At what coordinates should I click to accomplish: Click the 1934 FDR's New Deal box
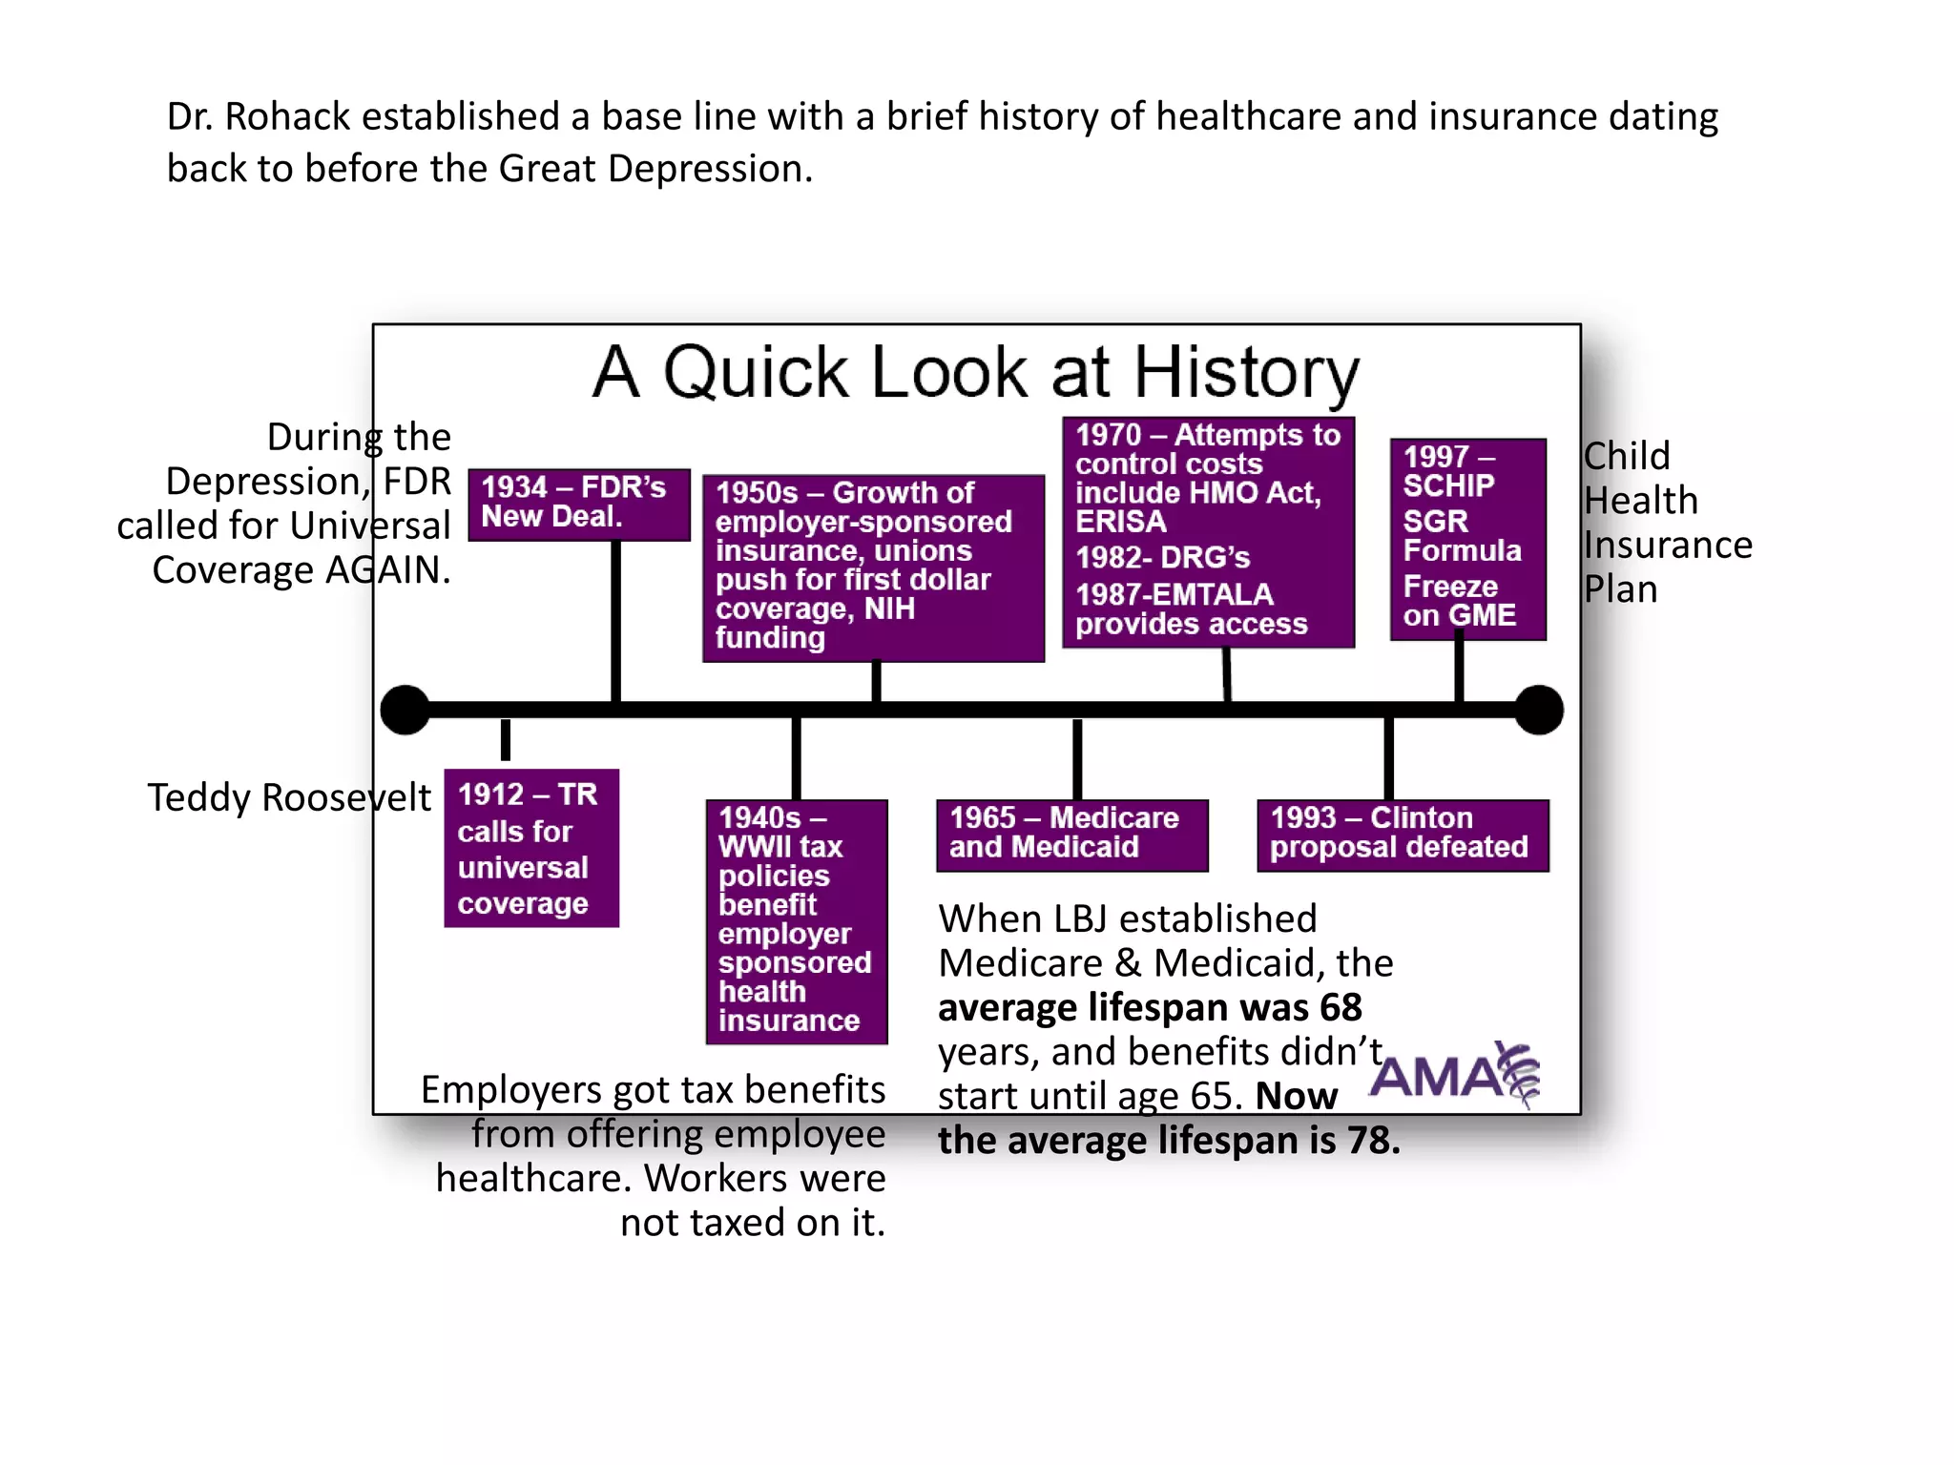point(578,504)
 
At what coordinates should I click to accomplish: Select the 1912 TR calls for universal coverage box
point(531,848)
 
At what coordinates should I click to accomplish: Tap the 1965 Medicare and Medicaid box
point(1071,835)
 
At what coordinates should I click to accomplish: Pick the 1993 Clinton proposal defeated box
point(1402,835)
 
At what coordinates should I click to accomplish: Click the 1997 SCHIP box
point(1467,538)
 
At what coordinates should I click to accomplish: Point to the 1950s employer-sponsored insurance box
point(873,567)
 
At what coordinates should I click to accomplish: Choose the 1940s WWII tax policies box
point(797,920)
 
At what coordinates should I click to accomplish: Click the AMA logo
point(1454,1076)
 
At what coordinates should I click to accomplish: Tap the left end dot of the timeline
point(405,710)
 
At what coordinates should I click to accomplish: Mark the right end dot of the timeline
point(1538,710)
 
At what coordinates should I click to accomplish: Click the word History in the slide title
point(1245,372)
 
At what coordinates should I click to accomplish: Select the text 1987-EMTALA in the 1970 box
point(1174,594)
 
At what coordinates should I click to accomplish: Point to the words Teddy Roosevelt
point(289,797)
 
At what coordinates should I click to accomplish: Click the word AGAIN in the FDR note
point(387,570)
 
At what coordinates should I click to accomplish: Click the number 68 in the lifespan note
point(1341,1008)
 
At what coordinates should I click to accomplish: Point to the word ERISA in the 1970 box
point(1121,522)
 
